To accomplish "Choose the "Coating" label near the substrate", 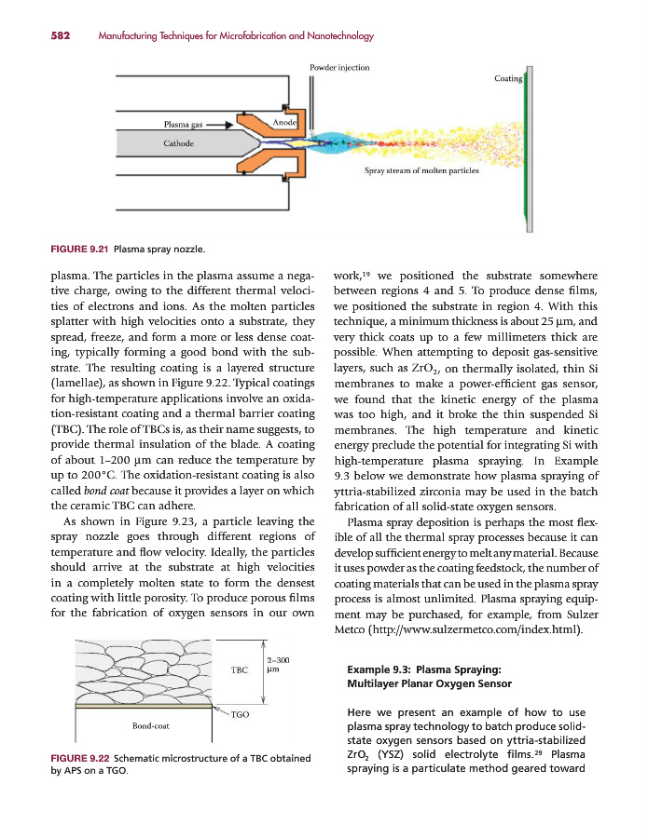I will pyautogui.click(x=507, y=79).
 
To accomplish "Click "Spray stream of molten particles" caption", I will pyautogui.click(x=421, y=170).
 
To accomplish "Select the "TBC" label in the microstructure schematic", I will pyautogui.click(x=239, y=669).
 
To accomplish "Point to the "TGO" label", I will pyautogui.click(x=240, y=713).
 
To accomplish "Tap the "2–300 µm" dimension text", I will pyautogui.click(x=275, y=664).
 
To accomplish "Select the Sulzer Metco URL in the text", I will pyautogui.click(x=485, y=629).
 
